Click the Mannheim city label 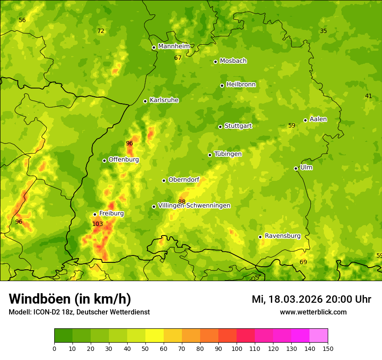[x=174, y=46]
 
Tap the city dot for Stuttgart [x=220, y=127]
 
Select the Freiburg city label [x=111, y=213]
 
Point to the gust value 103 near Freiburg [x=98, y=224]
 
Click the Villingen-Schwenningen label [x=194, y=206]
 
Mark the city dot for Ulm [x=296, y=168]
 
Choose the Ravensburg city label [x=283, y=236]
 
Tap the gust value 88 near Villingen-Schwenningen [x=181, y=202]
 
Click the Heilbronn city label [x=241, y=85]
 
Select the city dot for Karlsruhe [x=145, y=101]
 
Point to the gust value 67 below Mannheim [x=178, y=58]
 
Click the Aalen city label [x=318, y=119]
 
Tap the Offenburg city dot [x=104, y=160]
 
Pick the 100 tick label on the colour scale [x=237, y=348]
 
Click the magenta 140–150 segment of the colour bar [x=319, y=335]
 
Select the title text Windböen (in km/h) [x=69, y=299]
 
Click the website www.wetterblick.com [x=313, y=312]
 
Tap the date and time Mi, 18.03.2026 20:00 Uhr [x=311, y=299]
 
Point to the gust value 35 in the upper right [x=323, y=31]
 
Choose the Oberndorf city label [x=184, y=180]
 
